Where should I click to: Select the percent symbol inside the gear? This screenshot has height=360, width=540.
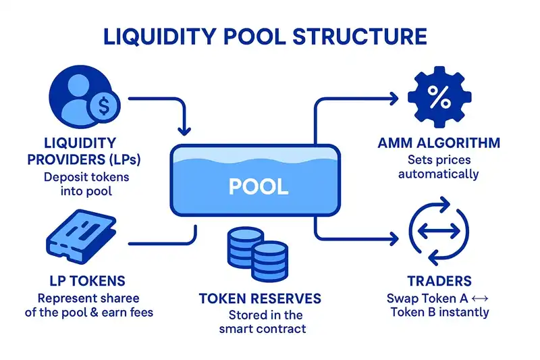coord(439,100)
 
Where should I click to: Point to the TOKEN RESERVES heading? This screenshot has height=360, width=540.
coord(261,299)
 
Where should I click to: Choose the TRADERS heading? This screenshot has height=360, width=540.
coord(439,281)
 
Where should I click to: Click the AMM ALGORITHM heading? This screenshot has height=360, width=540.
coord(439,143)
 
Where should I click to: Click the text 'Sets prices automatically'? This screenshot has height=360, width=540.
coord(438,167)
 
